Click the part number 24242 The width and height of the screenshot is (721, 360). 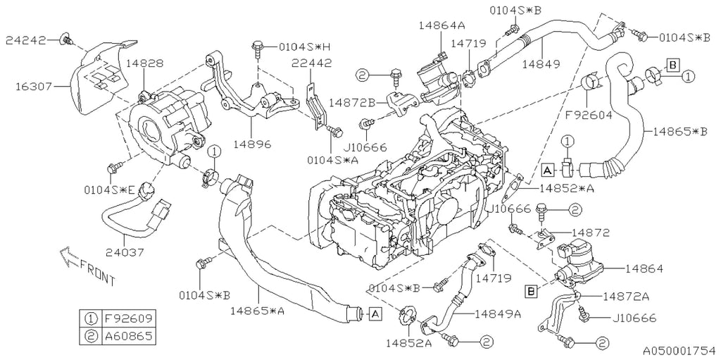26,40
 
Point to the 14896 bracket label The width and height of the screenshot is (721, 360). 251,144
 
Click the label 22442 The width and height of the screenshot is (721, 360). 312,63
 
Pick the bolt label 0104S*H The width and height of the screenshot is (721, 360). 301,46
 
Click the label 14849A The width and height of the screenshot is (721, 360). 498,314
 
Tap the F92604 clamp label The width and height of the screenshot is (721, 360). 588,115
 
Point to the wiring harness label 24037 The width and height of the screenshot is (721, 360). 125,252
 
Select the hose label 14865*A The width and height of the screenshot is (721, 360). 258,311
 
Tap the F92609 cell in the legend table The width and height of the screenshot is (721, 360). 128,318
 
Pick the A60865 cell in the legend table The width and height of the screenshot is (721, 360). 128,336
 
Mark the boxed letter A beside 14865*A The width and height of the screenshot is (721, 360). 375,314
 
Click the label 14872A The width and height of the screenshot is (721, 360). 626,297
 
